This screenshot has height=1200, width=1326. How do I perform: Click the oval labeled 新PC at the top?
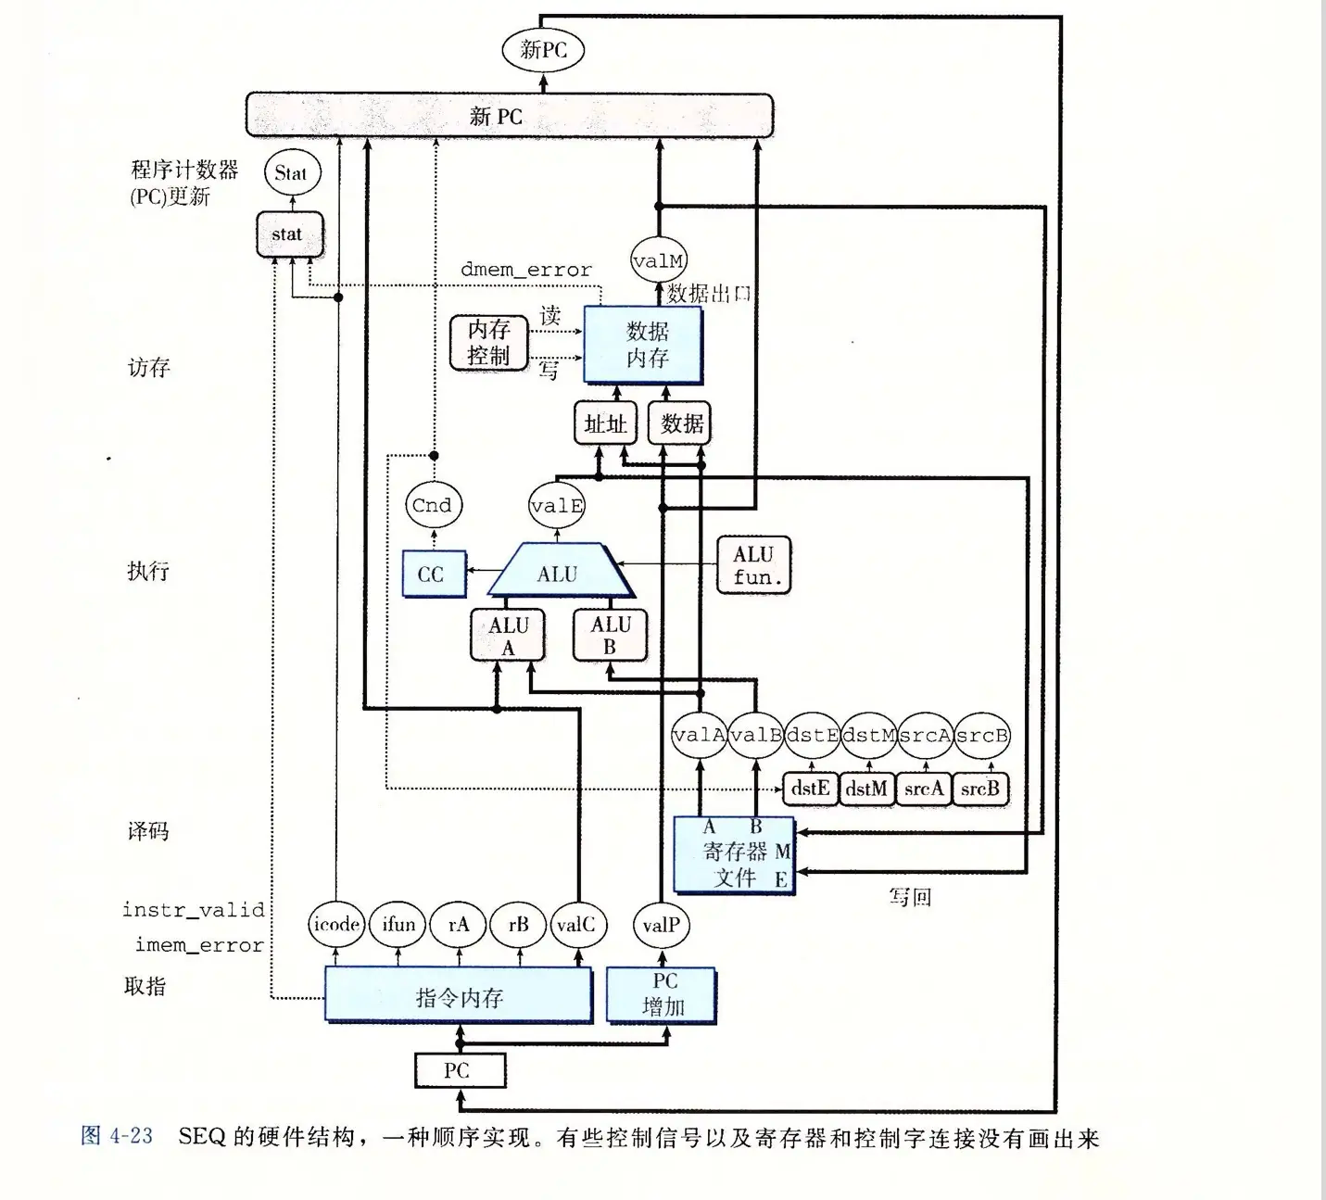coord(543,49)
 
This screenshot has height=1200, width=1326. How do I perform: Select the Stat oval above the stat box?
coord(292,172)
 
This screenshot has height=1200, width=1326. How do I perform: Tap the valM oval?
coord(658,261)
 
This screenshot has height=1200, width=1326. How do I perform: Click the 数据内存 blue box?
coord(644,345)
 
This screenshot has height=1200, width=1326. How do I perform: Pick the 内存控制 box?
coord(488,343)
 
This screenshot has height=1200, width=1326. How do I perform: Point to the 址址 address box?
coord(605,423)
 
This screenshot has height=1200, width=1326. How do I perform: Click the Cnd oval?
coord(433,505)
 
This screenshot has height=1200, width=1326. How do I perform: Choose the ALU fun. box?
coord(754,565)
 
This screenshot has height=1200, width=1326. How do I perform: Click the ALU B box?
coord(610,636)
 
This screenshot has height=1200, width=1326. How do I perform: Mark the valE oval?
coord(557,506)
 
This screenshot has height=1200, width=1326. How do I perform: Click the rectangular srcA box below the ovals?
coord(923,789)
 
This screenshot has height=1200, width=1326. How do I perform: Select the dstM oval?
coord(868,736)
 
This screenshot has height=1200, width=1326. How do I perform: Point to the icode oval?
coord(336,924)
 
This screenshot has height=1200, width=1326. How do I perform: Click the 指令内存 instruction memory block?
coord(459,996)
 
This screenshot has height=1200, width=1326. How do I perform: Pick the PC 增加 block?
coord(663,995)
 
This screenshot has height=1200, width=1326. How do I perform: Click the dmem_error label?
coord(525,270)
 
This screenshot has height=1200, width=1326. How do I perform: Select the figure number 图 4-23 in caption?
coord(117,1136)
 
